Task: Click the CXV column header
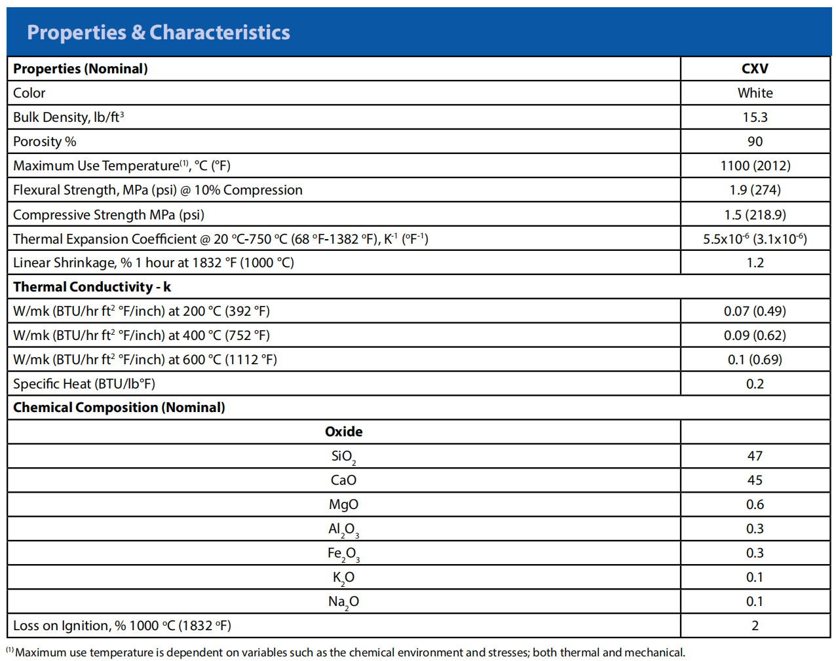tap(754, 69)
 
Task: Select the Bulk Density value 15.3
tap(755, 117)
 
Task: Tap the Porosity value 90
tap(755, 142)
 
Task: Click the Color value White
tap(755, 93)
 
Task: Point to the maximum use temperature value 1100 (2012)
tap(755, 166)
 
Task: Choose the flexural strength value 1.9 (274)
tap(755, 190)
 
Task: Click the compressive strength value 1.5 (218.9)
tap(755, 215)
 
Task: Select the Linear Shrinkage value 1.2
tap(755, 263)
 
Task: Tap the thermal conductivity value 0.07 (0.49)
tap(755, 311)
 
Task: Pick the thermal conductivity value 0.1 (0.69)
tap(755, 360)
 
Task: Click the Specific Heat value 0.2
tap(755, 384)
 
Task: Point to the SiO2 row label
tap(343, 457)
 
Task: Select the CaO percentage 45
tap(755, 480)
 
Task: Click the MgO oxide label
tap(343, 505)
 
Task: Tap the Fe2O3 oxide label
tap(343, 554)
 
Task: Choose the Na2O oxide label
tap(343, 602)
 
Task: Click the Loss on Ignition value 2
tap(755, 626)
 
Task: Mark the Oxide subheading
tap(343, 432)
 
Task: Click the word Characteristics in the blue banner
tap(219, 32)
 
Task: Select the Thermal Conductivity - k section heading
tap(92, 287)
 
